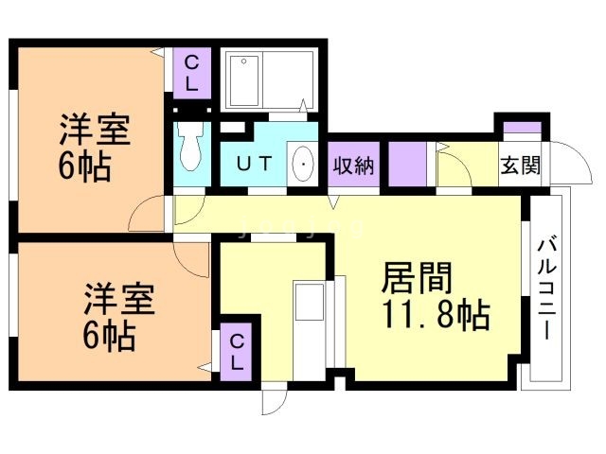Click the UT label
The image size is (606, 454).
click(254, 165)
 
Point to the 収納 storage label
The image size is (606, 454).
click(353, 166)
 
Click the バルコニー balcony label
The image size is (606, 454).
click(547, 288)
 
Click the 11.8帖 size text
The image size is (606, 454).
click(436, 315)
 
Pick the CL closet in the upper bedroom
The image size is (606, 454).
click(191, 73)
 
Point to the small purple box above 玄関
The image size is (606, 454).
click(520, 128)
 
